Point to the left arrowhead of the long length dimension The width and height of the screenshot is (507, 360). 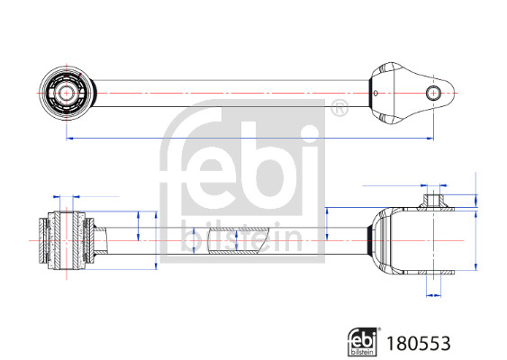tap(68, 139)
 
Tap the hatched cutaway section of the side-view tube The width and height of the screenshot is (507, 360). tap(235, 240)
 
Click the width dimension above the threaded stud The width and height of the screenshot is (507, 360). tap(435, 184)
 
